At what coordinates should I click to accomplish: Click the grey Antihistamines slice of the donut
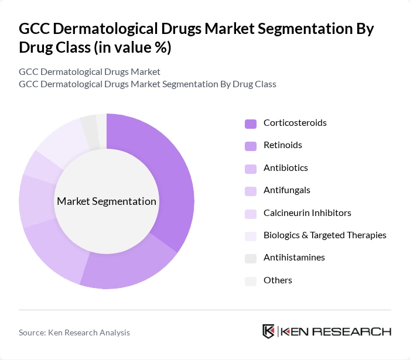click(90, 124)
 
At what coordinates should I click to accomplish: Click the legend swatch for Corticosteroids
click(251, 124)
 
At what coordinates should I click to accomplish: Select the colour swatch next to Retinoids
click(251, 146)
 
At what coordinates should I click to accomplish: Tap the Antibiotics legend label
click(285, 168)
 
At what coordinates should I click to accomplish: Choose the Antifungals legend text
click(286, 190)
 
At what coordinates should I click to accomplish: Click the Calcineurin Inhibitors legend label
click(307, 212)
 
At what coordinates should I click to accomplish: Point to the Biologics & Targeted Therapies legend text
click(324, 235)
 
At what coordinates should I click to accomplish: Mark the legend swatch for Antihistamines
click(251, 258)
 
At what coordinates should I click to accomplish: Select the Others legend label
click(278, 280)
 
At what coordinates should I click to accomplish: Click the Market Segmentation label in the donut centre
click(107, 201)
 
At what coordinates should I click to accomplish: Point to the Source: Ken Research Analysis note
click(74, 332)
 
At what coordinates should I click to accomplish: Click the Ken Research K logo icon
click(269, 331)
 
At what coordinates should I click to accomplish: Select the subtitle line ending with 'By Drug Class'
click(147, 84)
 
